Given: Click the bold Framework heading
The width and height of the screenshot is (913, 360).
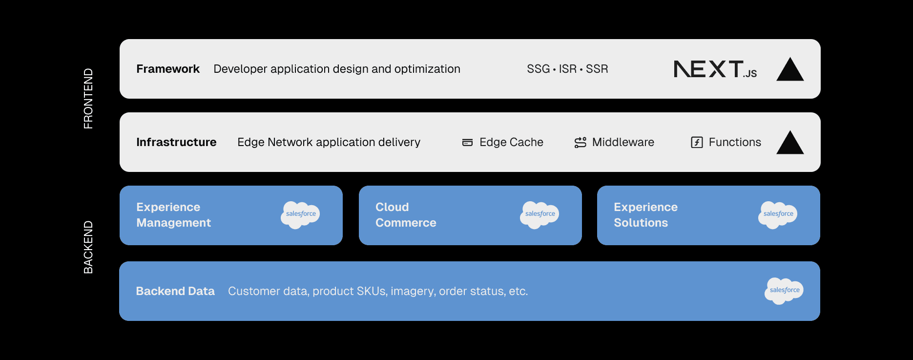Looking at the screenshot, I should click(168, 69).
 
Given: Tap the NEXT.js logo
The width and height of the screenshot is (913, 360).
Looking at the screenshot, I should click(715, 69).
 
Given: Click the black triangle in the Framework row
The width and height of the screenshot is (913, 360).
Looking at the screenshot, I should click(789, 70).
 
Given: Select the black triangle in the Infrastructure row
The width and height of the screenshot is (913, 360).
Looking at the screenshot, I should click(789, 143).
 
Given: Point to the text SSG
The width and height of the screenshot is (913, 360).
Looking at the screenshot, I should click(538, 69).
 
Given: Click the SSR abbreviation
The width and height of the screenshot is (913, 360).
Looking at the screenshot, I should click(597, 69).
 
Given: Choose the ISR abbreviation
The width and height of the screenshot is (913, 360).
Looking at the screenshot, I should click(567, 69).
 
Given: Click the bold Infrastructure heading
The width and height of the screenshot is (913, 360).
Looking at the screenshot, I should click(176, 142).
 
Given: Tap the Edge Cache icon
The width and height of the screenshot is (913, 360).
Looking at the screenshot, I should click(467, 143).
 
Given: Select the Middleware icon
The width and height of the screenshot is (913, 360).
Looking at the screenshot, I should click(580, 142).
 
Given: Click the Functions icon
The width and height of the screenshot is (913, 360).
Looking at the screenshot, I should click(697, 142).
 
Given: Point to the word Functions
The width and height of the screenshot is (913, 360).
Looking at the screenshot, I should click(734, 142).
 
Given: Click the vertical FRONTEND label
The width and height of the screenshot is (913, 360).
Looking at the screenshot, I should click(88, 98).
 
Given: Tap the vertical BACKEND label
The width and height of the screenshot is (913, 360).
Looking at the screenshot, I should click(88, 247).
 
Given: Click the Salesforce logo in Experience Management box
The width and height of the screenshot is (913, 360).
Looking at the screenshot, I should click(300, 214).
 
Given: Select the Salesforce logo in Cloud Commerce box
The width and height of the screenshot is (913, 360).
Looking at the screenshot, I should click(539, 214).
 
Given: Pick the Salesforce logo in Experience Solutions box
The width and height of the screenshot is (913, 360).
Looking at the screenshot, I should click(778, 214).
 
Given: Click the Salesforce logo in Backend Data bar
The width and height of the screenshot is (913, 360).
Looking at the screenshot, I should click(784, 291).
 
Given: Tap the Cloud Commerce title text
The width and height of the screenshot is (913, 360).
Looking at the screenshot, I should click(405, 215).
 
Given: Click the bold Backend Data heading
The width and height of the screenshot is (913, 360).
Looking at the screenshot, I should click(175, 291).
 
